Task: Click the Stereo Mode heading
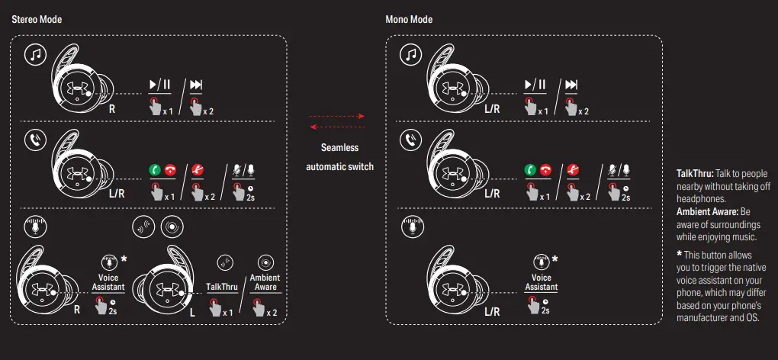pyautogui.click(x=37, y=19)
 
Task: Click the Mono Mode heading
pyautogui.click(x=409, y=19)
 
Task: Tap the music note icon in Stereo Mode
pyautogui.click(x=35, y=55)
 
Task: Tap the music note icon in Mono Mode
pyautogui.click(x=411, y=55)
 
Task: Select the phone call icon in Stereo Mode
pyautogui.click(x=35, y=140)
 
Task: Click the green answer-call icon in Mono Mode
pyautogui.click(x=530, y=170)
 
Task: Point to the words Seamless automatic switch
pyautogui.click(x=339, y=157)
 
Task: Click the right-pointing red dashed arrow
pyautogui.click(x=337, y=116)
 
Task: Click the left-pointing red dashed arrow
pyautogui.click(x=337, y=127)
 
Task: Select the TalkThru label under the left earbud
pyautogui.click(x=222, y=287)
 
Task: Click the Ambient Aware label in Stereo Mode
pyautogui.click(x=265, y=283)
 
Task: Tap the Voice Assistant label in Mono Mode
pyautogui.click(x=542, y=283)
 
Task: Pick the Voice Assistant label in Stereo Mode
pyautogui.click(x=108, y=283)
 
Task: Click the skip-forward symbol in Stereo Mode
pyautogui.click(x=196, y=85)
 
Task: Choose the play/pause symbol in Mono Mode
pyautogui.click(x=535, y=85)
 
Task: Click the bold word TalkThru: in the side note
pyautogui.click(x=694, y=174)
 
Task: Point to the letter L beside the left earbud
pyautogui.click(x=192, y=313)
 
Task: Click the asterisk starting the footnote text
pyautogui.click(x=680, y=255)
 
